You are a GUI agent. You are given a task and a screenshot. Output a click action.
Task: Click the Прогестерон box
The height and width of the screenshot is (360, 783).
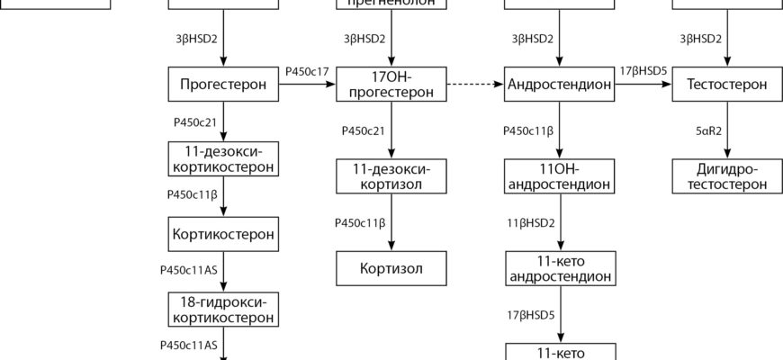223,85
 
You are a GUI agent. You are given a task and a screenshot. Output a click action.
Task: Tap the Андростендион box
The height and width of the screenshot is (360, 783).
560,85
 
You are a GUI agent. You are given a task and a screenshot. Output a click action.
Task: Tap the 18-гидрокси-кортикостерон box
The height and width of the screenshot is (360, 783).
223,309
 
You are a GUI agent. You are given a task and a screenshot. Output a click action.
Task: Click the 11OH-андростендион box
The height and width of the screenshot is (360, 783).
560,176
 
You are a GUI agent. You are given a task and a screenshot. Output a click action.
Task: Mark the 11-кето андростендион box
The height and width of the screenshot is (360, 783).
560,268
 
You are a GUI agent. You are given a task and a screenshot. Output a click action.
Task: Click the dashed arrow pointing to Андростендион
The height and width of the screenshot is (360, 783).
475,85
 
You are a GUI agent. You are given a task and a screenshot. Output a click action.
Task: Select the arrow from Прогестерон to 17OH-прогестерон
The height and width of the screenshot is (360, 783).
307,85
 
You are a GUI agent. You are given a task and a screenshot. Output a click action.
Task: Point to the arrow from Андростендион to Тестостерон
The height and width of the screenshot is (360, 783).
644,85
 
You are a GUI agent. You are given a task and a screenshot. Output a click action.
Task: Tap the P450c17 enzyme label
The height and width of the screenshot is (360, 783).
307,70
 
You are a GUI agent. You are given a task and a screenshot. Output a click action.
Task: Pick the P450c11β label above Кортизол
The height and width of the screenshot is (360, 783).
360,222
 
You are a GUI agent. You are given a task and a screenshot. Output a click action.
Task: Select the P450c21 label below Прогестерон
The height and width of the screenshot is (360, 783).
192,120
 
